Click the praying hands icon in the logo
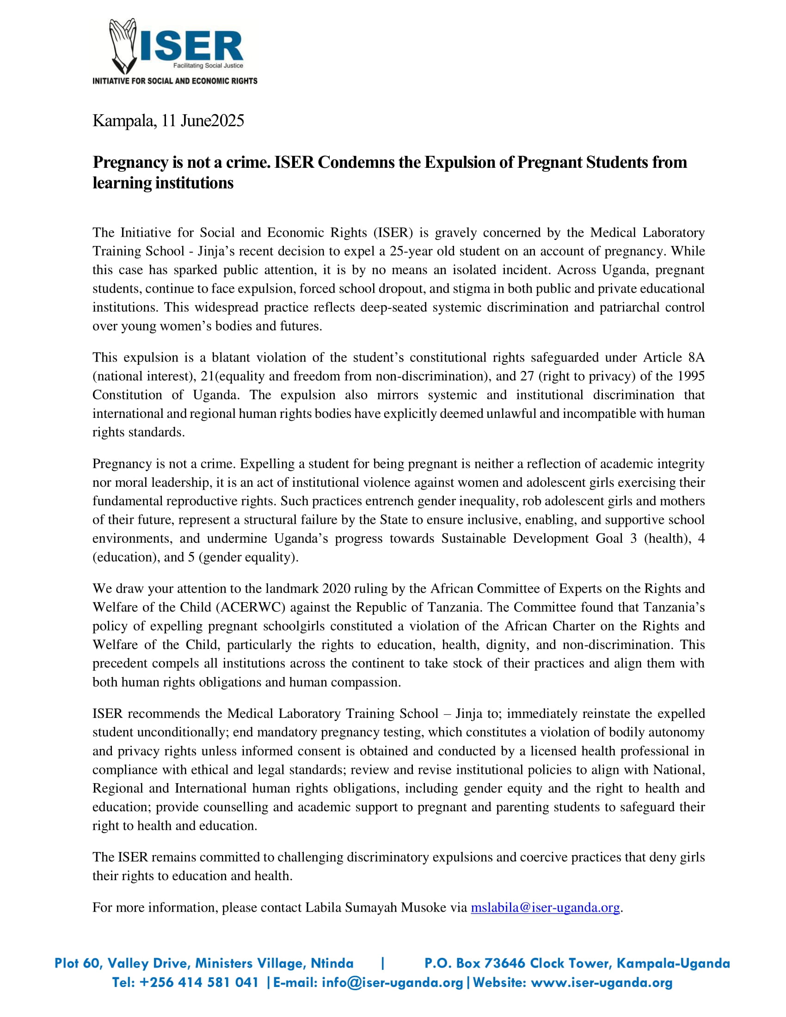(122, 46)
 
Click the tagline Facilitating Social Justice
(208, 66)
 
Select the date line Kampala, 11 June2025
(168, 121)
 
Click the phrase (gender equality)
(248, 557)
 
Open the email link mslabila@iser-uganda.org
(545, 907)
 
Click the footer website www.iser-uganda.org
(602, 982)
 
